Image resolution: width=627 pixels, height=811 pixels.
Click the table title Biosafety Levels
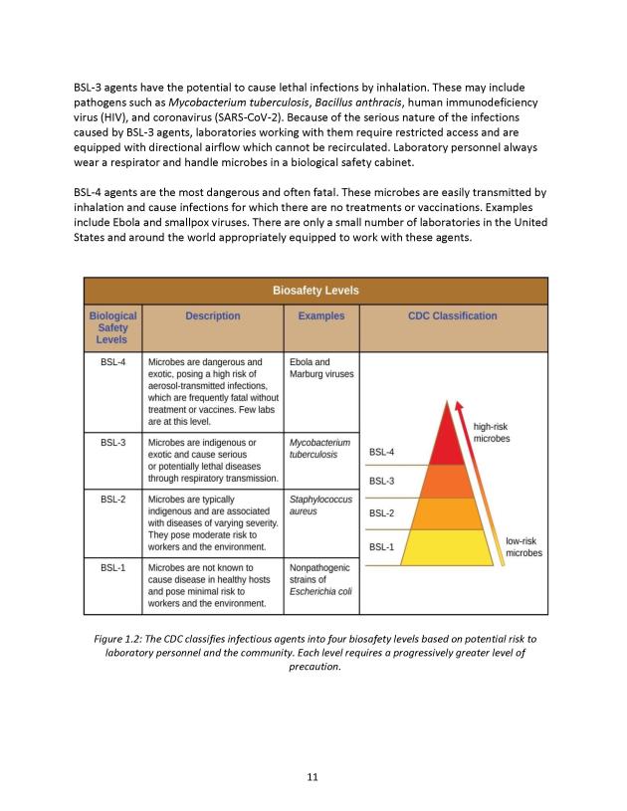pyautogui.click(x=314, y=291)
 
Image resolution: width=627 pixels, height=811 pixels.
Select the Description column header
pyautogui.click(x=212, y=316)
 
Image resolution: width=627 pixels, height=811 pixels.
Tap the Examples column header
pyautogui.click(x=321, y=316)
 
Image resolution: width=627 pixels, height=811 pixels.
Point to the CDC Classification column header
pyautogui.click(x=452, y=316)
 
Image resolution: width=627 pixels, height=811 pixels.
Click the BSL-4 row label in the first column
pyautogui.click(x=112, y=362)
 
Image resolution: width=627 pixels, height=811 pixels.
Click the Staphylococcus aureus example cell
pyautogui.click(x=320, y=507)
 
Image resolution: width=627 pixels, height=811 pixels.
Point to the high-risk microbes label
pyautogui.click(x=491, y=432)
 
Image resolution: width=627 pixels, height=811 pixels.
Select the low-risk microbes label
pyautogui.click(x=523, y=546)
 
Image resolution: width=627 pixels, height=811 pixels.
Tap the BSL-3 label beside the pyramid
pyautogui.click(x=382, y=482)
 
